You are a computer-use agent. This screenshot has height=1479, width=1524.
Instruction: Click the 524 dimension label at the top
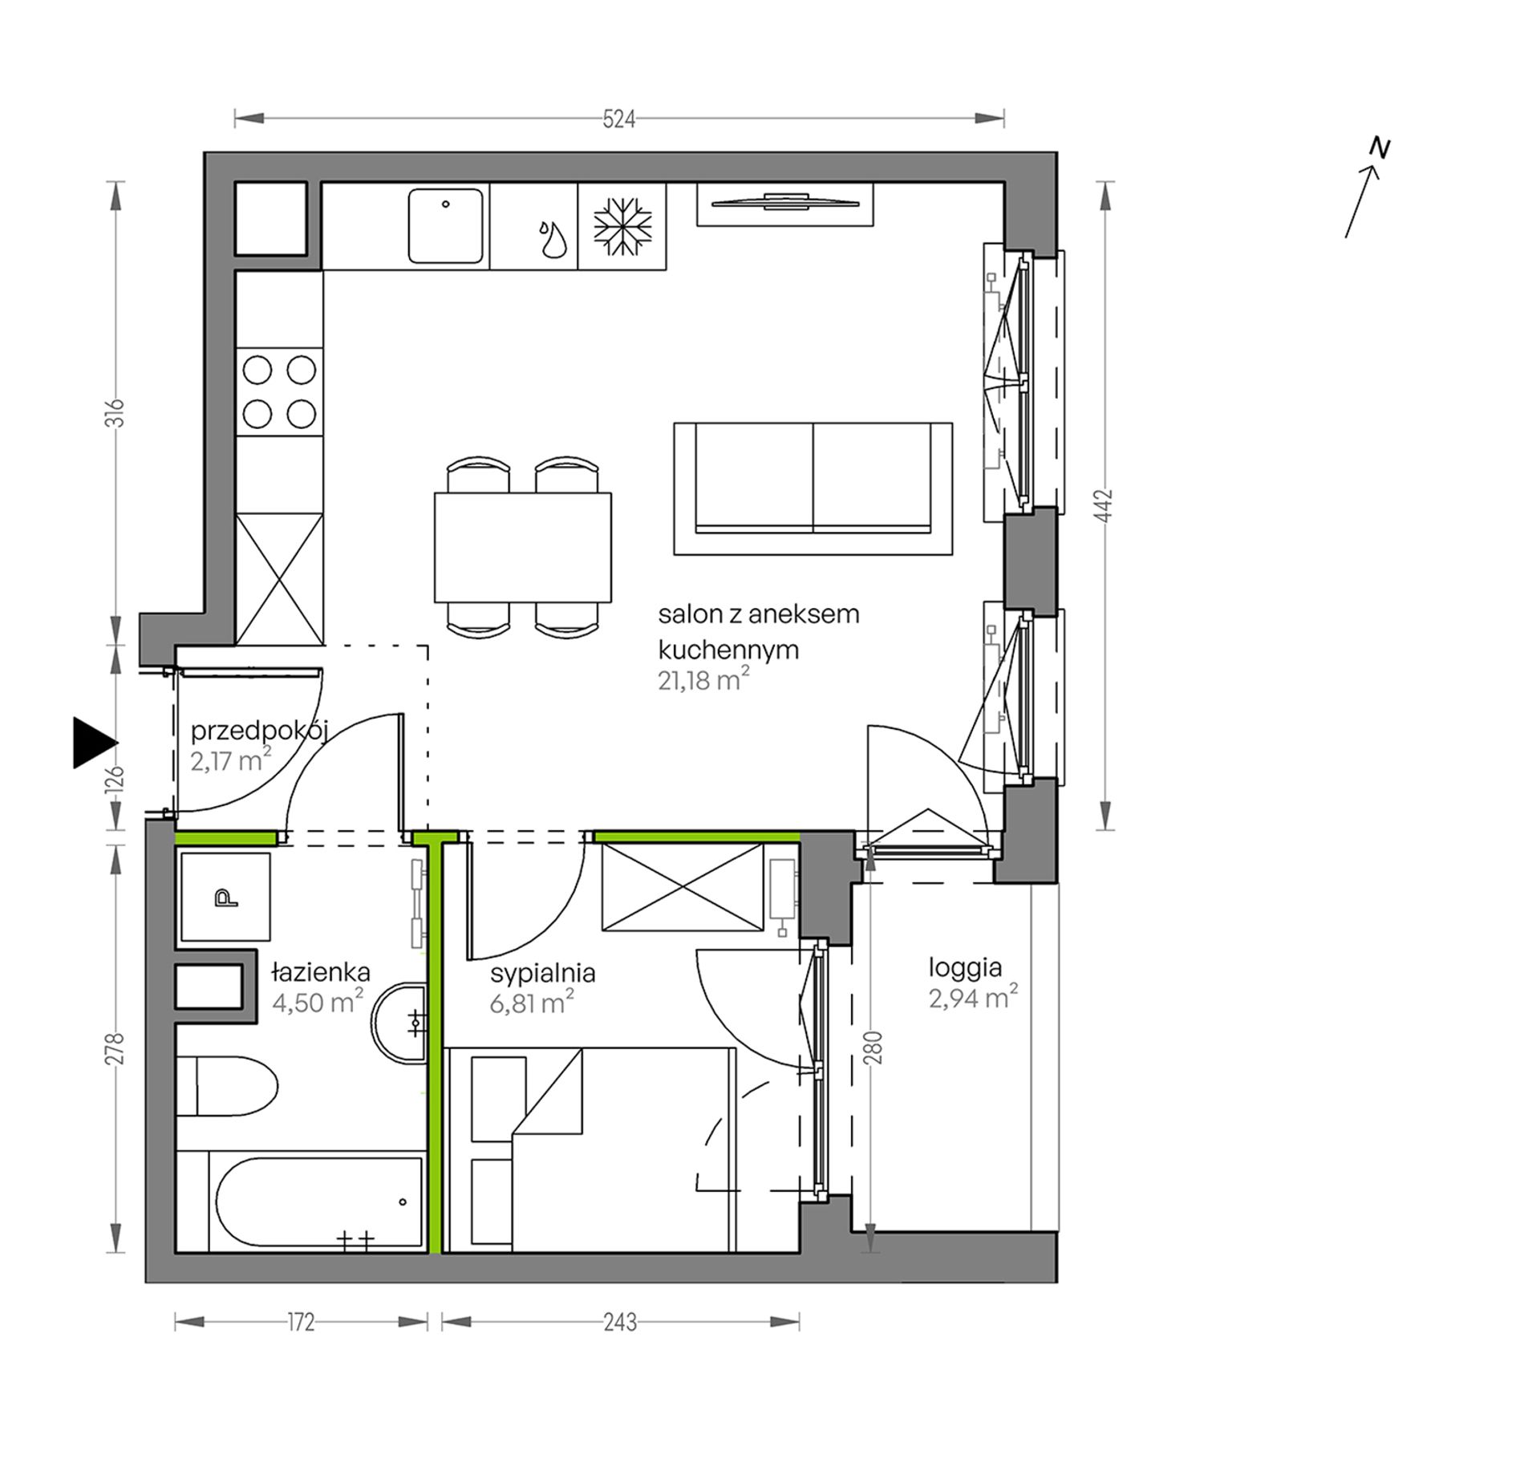618,120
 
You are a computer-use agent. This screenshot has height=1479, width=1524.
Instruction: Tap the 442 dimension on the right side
1105,505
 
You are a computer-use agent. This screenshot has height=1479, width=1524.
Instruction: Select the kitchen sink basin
446,225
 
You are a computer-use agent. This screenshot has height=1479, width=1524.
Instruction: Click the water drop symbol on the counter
552,239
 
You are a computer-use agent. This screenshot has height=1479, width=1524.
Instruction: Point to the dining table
523,547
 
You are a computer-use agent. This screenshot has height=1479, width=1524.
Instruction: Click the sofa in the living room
813,488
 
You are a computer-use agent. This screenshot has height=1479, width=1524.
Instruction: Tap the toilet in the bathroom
226,1086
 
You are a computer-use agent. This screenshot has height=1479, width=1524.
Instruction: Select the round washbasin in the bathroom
399,1023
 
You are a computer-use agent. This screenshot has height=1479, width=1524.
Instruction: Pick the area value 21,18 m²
703,681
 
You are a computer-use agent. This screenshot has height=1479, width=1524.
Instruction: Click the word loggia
965,969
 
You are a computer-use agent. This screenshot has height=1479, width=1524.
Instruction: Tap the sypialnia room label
543,975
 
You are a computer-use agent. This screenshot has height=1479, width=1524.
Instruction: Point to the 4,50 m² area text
318,1002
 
